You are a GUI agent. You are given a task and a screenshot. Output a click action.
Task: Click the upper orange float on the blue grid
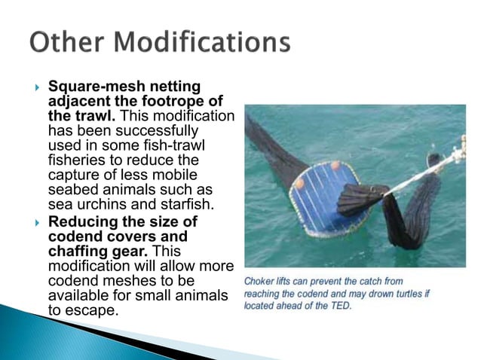coord(335,165)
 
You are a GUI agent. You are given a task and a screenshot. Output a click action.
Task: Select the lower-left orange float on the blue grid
coord(299,183)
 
